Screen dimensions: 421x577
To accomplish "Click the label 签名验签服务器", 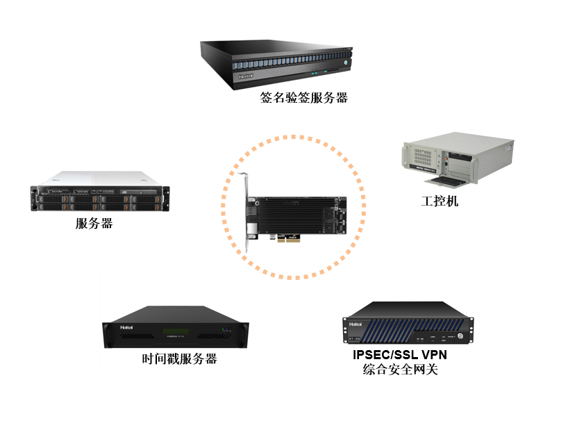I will pos(303,98).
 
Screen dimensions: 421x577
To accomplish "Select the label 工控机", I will pos(440,202).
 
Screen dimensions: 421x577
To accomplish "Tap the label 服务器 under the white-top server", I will pos(94,224).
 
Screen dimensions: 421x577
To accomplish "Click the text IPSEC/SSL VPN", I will pos(400,355).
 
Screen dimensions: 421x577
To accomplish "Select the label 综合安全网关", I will pos(400,370).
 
